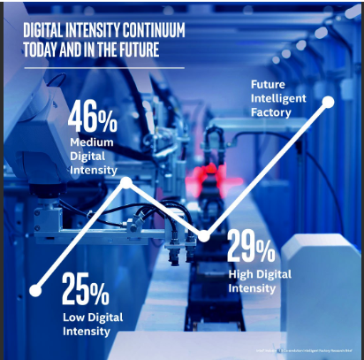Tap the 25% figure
[x=86, y=289]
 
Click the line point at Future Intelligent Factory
[x=329, y=102]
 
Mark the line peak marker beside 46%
[x=126, y=183]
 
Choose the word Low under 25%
[x=73, y=317]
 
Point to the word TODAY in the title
[x=44, y=50]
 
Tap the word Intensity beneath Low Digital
[x=87, y=332]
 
